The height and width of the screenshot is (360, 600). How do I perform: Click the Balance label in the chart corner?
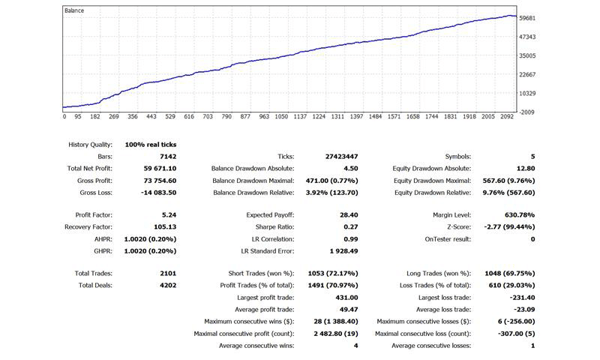[x=73, y=10]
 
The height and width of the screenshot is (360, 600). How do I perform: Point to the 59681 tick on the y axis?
[x=527, y=18]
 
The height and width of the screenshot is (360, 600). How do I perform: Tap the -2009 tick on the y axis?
[x=526, y=112]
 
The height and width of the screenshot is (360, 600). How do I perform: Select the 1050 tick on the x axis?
[x=281, y=117]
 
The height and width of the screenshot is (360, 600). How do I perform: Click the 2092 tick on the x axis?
[x=507, y=117]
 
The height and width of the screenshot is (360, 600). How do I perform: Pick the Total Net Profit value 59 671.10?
[x=160, y=168]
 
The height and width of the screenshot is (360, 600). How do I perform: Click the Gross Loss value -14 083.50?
[x=159, y=193]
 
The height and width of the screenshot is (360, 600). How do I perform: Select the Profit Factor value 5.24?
[x=169, y=215]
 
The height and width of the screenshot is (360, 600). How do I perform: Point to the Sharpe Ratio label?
[x=274, y=226]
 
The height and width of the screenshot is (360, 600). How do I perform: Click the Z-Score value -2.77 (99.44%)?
[x=509, y=226]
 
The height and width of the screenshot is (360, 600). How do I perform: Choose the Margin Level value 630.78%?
[x=520, y=215]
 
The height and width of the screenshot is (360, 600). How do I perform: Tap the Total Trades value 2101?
[x=168, y=273]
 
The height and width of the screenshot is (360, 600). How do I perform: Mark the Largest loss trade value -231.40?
[x=522, y=297]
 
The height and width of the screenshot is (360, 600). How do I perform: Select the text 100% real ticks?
[x=151, y=145]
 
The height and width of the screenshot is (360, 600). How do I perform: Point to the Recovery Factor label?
[x=88, y=226]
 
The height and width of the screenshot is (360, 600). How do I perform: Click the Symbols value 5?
[x=533, y=157]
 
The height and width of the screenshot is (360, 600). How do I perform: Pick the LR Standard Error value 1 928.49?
[x=343, y=251]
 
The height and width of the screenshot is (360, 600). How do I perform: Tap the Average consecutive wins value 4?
[x=355, y=346]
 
